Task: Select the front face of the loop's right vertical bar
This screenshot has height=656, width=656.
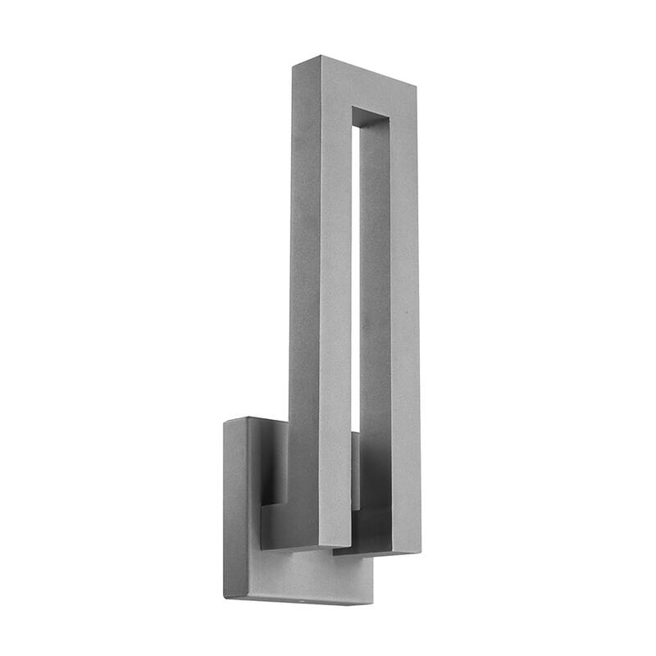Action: click(x=404, y=328)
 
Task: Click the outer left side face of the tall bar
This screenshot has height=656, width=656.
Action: click(x=303, y=287)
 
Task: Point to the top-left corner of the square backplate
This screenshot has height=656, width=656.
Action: click(x=226, y=423)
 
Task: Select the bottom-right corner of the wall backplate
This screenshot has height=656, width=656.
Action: click(x=371, y=604)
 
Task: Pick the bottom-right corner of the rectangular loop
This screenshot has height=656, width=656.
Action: click(x=421, y=551)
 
